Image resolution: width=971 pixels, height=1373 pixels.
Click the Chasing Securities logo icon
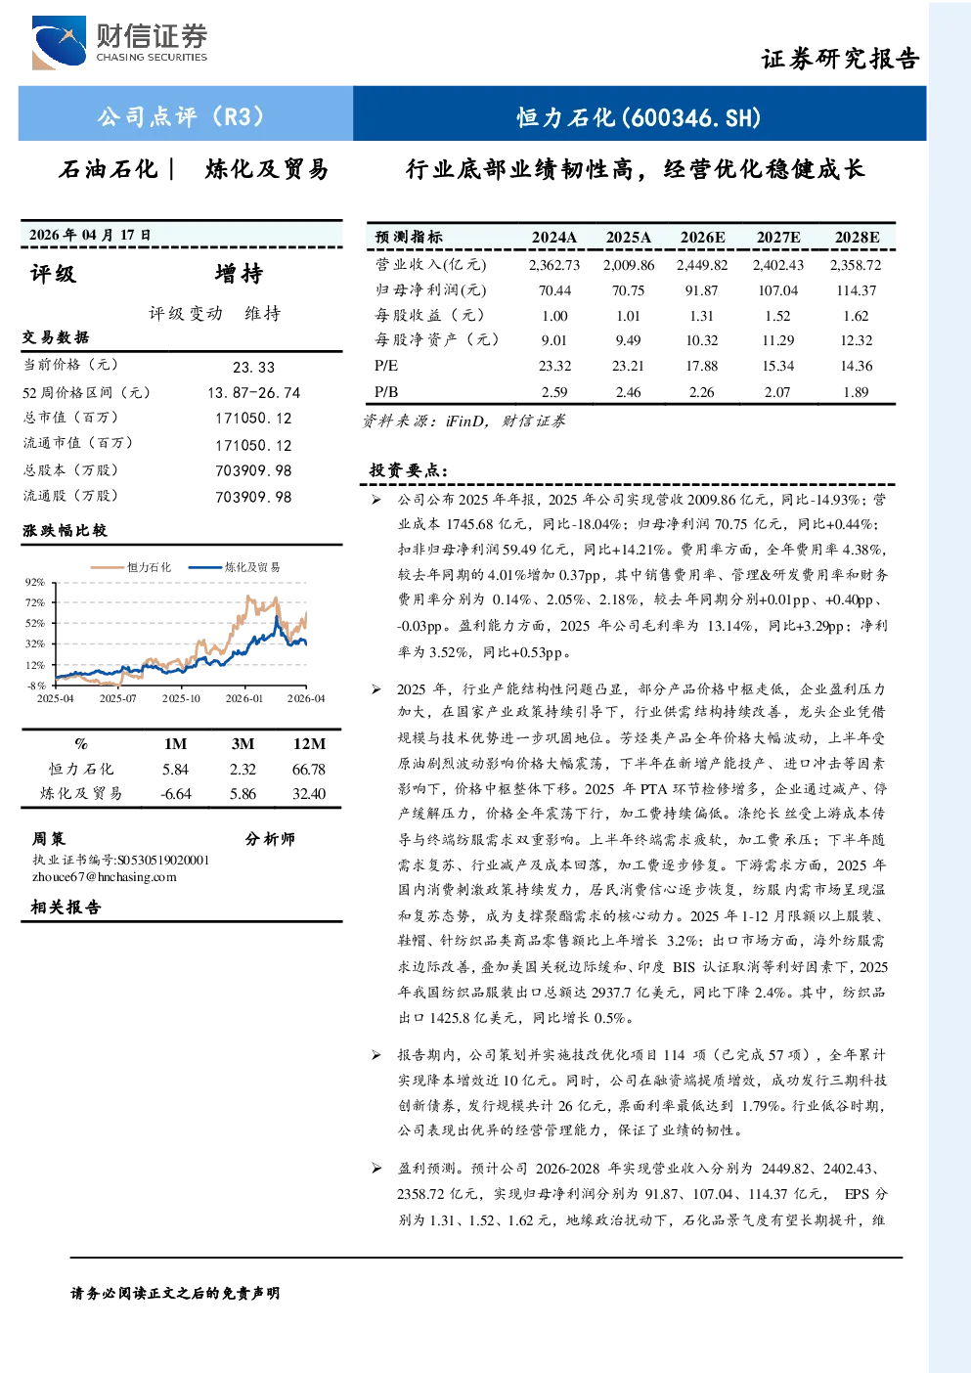click(59, 42)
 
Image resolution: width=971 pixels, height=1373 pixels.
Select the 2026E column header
click(702, 238)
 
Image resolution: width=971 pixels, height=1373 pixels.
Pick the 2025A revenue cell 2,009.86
click(629, 265)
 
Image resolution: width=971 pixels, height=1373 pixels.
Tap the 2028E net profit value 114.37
click(856, 289)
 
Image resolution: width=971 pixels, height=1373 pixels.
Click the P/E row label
click(386, 366)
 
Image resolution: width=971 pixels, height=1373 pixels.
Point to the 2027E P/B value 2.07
click(777, 391)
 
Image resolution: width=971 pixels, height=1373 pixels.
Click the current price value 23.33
click(253, 367)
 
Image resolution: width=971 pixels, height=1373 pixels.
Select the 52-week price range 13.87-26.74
click(254, 392)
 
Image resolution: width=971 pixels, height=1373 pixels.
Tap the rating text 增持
click(239, 274)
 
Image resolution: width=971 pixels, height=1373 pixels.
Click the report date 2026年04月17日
click(90, 235)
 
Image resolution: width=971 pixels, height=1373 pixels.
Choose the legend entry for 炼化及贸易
click(234, 567)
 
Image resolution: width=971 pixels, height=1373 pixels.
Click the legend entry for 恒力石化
click(131, 567)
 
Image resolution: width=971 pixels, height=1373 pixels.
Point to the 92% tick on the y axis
click(35, 582)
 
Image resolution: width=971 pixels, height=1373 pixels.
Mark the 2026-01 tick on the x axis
click(244, 698)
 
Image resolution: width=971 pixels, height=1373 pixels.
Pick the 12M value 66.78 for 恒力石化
click(309, 769)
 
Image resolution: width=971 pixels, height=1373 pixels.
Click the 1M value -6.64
click(176, 794)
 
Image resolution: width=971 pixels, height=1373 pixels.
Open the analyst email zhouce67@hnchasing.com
click(105, 877)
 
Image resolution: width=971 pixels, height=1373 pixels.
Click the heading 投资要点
click(409, 470)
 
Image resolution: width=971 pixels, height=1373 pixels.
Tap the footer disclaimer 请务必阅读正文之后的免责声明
click(175, 1294)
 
